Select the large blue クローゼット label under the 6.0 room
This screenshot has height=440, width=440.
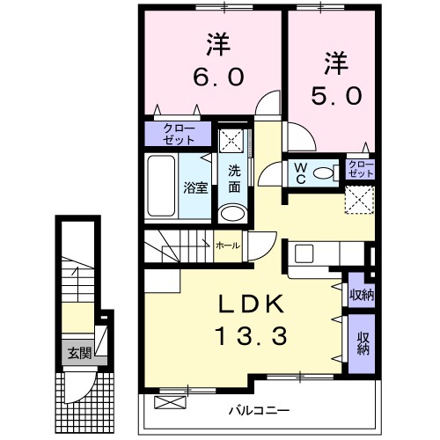(x=179, y=134)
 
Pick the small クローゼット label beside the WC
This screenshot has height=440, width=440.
(x=360, y=169)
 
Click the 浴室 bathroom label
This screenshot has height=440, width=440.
(x=194, y=187)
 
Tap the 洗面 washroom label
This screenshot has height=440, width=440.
(x=234, y=178)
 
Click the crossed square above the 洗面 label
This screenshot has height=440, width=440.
(x=233, y=138)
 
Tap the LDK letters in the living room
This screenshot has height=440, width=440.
(x=251, y=304)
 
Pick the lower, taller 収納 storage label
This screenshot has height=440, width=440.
(x=363, y=342)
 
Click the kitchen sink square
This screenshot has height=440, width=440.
(x=304, y=252)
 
